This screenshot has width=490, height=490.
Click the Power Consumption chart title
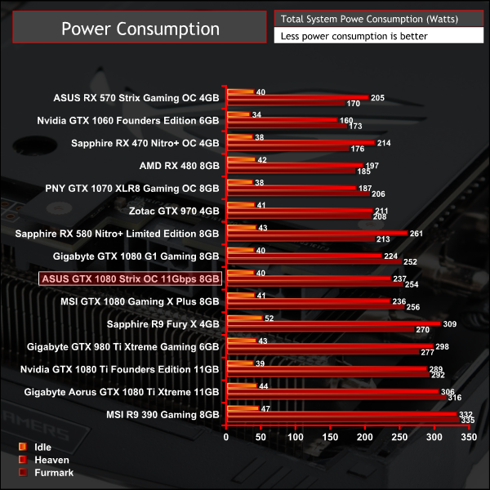(x=140, y=29)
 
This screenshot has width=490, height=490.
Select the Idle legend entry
(x=42, y=447)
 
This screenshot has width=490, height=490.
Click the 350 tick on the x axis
(x=469, y=439)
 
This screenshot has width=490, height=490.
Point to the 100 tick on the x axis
(x=296, y=439)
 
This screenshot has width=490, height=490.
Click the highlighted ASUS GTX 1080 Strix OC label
(x=130, y=278)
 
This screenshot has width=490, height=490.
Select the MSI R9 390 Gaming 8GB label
(x=163, y=414)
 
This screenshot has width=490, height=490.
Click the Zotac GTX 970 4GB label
(x=174, y=211)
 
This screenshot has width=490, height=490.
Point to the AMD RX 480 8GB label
(x=180, y=165)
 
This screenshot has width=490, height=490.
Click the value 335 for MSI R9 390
(x=467, y=421)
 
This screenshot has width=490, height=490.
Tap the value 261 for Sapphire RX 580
(x=416, y=233)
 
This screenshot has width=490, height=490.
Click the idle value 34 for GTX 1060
(x=257, y=114)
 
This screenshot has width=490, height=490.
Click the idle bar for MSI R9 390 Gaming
(x=243, y=408)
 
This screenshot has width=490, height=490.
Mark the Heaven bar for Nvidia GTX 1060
(x=282, y=120)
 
